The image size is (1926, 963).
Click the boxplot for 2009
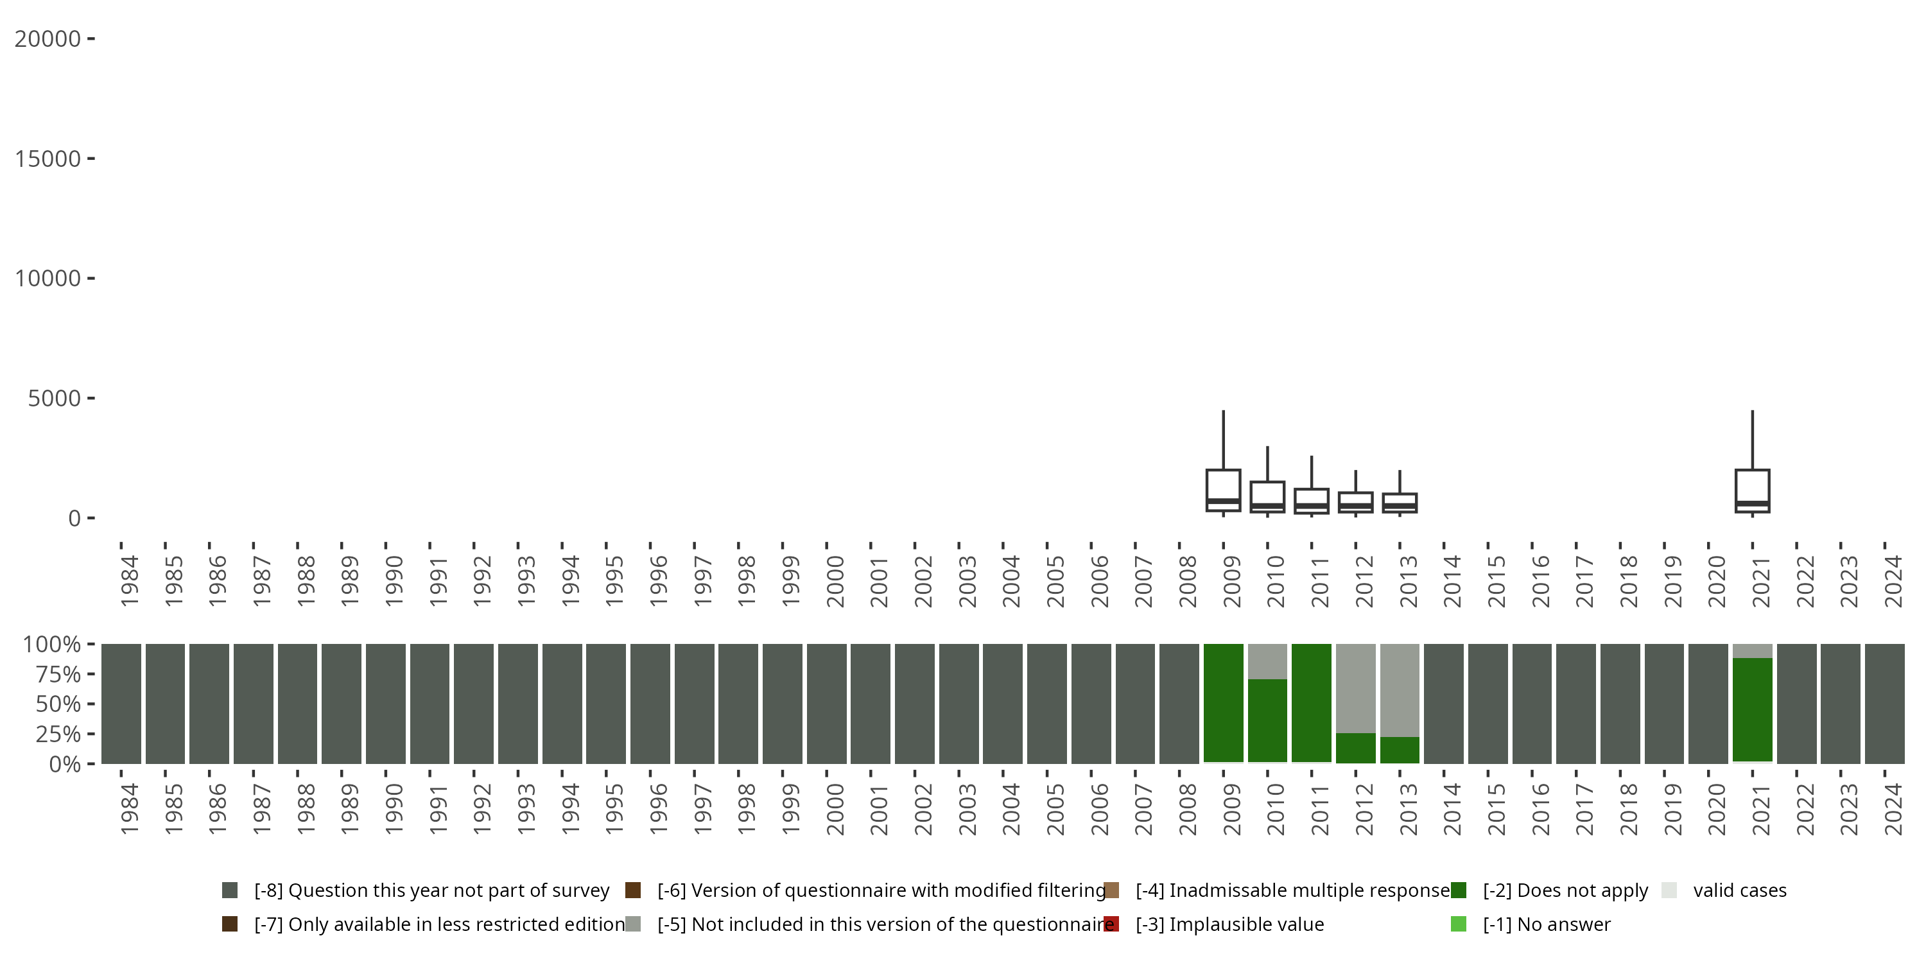(x=1223, y=490)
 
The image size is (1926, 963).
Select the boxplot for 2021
(x=1752, y=490)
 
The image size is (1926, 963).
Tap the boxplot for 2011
(x=1312, y=501)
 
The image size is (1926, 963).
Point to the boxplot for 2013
(x=1400, y=503)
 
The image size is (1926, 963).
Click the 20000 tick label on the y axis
(x=47, y=39)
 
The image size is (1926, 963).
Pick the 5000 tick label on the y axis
(x=54, y=399)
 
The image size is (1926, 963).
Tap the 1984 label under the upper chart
(x=128, y=581)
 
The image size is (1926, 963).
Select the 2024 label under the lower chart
(x=1893, y=809)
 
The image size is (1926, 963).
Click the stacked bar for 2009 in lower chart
(x=1223, y=703)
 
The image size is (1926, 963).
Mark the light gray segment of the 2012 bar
(x=1355, y=688)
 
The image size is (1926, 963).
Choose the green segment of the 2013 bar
(x=1400, y=750)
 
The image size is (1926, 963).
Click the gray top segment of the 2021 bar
(x=1752, y=650)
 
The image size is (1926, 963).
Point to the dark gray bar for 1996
(x=650, y=703)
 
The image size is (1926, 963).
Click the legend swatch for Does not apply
(x=1458, y=890)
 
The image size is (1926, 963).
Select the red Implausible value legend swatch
(x=1111, y=924)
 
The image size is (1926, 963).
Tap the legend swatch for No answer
(x=1458, y=924)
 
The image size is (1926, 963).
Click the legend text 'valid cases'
(x=1739, y=890)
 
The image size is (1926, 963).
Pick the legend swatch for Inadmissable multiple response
(x=1111, y=890)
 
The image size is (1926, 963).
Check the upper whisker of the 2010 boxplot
(x=1267, y=464)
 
